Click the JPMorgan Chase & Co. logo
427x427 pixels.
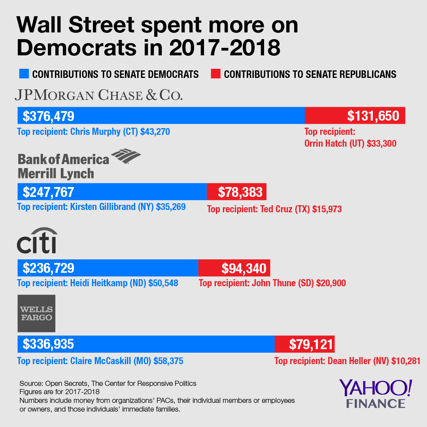click(x=98, y=95)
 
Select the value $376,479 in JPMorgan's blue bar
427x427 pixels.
click(x=49, y=116)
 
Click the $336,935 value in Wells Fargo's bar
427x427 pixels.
click(x=48, y=344)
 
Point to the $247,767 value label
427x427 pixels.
click(x=48, y=192)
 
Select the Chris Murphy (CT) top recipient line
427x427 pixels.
click(x=94, y=132)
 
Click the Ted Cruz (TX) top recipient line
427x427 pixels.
click(x=274, y=209)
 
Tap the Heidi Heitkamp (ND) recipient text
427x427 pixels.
click(x=98, y=283)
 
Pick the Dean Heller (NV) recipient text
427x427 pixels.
click(x=347, y=361)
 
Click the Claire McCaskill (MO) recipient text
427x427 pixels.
click(x=100, y=361)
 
